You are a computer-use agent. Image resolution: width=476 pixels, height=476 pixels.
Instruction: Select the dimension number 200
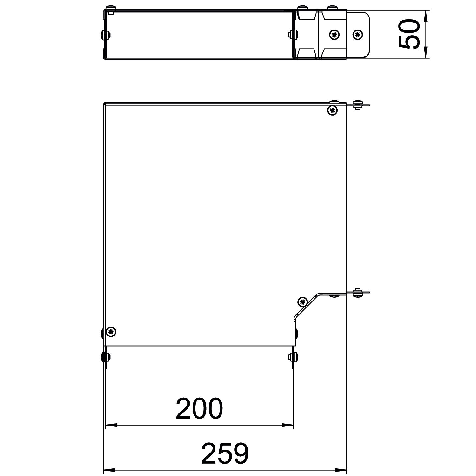click(199, 408)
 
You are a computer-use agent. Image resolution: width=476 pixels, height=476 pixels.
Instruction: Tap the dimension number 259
click(225, 453)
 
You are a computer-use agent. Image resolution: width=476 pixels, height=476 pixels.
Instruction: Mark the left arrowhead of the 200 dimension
click(111, 425)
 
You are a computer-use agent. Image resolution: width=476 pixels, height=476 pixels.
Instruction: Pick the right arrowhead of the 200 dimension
click(287, 425)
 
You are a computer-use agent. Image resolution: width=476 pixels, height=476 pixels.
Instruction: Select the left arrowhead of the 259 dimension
click(110, 470)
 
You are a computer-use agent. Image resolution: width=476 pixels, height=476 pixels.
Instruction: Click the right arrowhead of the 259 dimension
click(340, 470)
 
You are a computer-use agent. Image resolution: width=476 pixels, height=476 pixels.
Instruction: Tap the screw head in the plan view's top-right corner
click(332, 110)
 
